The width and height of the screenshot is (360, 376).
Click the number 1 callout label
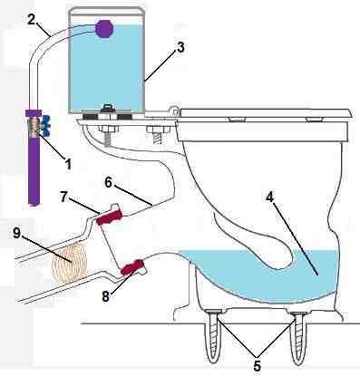point(69,165)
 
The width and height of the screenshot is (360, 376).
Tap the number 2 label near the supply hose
point(32,20)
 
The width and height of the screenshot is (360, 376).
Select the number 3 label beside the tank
point(180,47)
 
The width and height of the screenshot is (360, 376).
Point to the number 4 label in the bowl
point(269,198)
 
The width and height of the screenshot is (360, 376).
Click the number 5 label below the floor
point(257,366)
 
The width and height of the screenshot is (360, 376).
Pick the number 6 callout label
point(109,183)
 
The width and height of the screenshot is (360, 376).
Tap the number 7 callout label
point(63,197)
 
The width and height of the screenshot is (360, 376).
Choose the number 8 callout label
point(105,296)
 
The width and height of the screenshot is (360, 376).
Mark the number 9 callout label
point(16,234)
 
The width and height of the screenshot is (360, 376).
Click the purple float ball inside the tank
point(104,28)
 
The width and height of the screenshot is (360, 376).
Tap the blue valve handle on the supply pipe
point(46,124)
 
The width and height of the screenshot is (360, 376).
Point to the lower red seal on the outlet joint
point(132,267)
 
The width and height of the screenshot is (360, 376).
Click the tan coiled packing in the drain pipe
point(70,262)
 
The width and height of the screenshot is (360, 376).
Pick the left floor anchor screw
point(214,337)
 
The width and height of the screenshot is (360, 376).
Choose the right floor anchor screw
point(297,337)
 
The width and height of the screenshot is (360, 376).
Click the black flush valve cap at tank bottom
point(108,108)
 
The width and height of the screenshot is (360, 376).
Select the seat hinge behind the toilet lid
point(175,110)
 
